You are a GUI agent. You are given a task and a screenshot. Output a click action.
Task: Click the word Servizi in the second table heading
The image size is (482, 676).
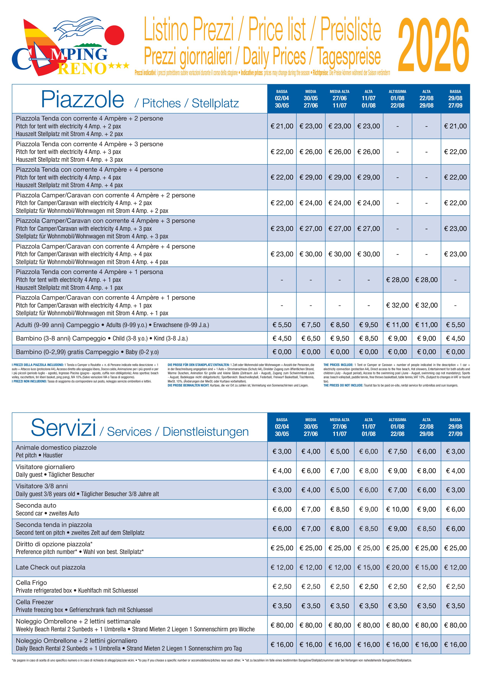[63, 428]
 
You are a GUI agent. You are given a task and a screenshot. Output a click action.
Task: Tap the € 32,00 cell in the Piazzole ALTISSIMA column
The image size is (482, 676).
[397, 305]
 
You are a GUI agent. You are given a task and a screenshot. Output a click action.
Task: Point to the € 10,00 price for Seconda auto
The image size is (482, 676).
[397, 509]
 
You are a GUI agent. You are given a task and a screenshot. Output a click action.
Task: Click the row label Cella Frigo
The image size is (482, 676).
[31, 583]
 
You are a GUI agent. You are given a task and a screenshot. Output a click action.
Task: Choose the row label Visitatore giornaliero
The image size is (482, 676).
[45, 467]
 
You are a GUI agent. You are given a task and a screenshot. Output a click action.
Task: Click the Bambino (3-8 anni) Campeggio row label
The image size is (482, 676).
[61, 338]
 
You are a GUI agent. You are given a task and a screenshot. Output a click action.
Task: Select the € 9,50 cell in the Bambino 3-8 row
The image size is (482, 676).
[340, 338]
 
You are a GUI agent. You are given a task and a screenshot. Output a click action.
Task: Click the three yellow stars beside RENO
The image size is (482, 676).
[119, 65]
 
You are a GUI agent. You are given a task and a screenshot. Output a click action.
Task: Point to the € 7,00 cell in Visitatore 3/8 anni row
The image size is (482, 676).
[397, 490]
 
